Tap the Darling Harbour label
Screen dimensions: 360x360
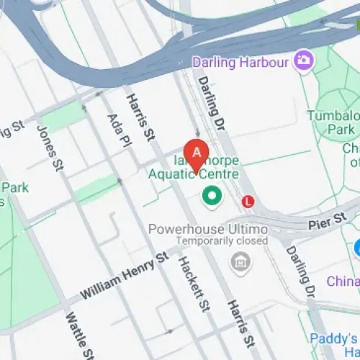[250, 62]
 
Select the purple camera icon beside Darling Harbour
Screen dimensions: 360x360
[303, 60]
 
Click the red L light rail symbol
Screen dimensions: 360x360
[248, 202]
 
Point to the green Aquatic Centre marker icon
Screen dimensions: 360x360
[212, 194]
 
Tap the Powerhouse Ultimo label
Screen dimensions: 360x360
[207, 229]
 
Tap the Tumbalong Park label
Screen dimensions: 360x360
[331, 122]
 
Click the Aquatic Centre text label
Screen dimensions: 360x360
[194, 174]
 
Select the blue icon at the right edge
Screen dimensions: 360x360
[356, 248]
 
